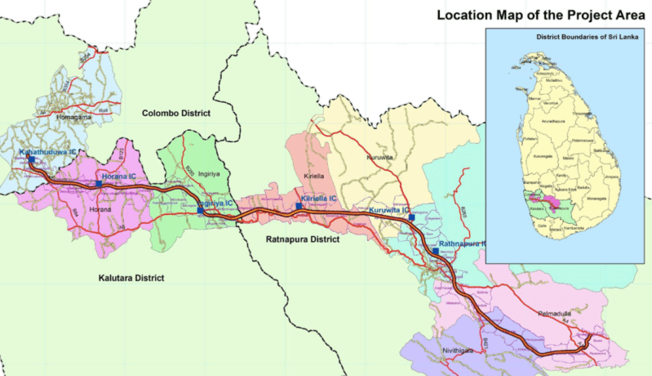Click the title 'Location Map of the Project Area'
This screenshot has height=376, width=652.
pyautogui.click(x=541, y=15)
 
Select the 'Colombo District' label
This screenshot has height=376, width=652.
pyautogui.click(x=175, y=113)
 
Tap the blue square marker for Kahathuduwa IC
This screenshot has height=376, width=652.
pyautogui.click(x=31, y=160)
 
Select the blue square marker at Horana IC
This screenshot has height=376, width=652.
pyautogui.click(x=99, y=185)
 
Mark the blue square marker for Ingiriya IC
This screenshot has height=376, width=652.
pyautogui.click(x=200, y=211)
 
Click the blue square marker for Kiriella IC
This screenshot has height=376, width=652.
pyautogui.click(x=299, y=206)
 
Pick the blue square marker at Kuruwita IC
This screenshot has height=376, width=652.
pyautogui.click(x=412, y=218)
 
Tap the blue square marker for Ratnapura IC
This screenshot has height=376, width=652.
pyautogui.click(x=435, y=252)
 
